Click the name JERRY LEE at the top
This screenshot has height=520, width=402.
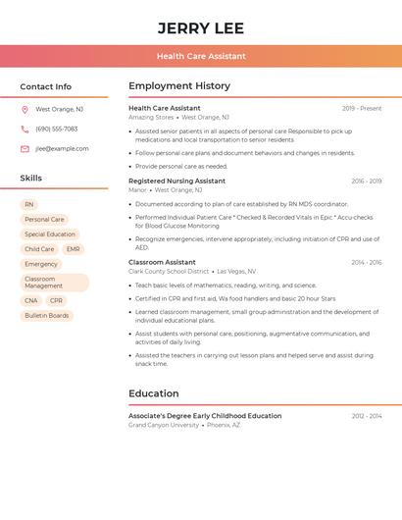[201, 27]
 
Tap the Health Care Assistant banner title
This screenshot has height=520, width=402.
[201, 56]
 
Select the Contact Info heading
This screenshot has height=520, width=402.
[46, 86]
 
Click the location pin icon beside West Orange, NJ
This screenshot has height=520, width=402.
[25, 110]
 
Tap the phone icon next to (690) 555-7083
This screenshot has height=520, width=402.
[25, 130]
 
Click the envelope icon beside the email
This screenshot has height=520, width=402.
[25, 149]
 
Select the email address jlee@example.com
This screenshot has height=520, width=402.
[62, 149]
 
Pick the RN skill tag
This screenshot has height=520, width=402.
[29, 205]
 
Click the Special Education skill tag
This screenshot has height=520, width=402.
[50, 234]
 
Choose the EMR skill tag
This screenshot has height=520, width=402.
[73, 249]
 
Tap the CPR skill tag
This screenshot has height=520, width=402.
[56, 301]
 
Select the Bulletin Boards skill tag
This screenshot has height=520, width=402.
[47, 316]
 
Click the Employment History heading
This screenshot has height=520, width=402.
[179, 86]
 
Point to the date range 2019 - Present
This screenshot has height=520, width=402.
[362, 109]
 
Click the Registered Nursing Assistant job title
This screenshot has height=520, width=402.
[176, 182]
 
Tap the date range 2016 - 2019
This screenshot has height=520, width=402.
[367, 182]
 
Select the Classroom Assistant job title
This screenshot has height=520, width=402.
[162, 263]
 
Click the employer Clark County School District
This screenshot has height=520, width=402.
[169, 272]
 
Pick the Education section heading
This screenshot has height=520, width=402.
[154, 394]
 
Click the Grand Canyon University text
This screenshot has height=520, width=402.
[164, 426]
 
